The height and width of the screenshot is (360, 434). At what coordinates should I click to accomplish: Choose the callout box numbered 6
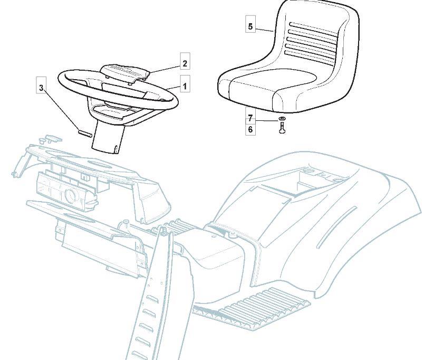(250, 129)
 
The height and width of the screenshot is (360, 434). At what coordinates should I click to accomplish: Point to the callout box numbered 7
(250, 119)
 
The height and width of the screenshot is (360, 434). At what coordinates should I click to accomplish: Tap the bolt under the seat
(282, 129)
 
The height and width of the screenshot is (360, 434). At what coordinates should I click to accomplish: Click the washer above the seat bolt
(282, 119)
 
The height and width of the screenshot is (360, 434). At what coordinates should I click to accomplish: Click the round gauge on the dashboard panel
(70, 196)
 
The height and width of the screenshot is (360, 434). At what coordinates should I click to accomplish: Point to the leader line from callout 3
(61, 109)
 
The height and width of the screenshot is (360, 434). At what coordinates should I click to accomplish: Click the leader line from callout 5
(264, 29)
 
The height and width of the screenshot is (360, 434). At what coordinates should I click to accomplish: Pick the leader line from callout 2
(165, 69)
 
